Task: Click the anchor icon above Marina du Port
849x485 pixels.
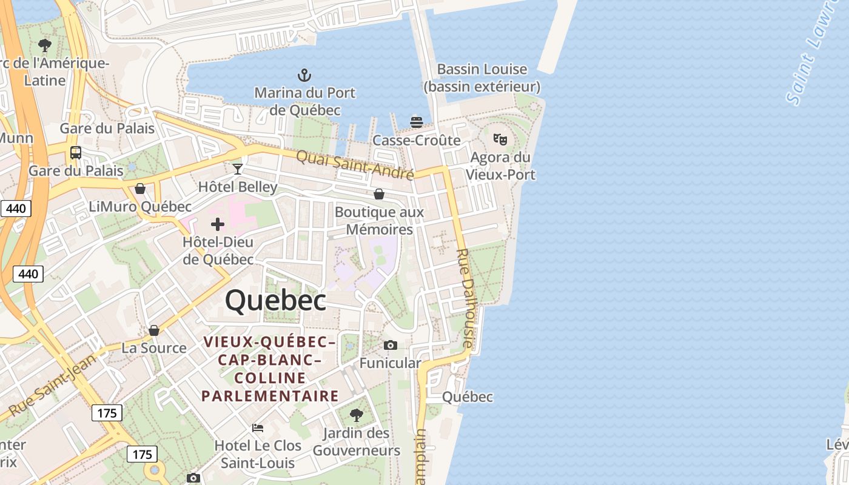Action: point(304,75)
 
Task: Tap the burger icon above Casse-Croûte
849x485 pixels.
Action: point(416,122)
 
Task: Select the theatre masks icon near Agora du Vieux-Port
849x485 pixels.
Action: point(500,139)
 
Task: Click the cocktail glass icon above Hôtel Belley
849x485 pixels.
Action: point(238,169)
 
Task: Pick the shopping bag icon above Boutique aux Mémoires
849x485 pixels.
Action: point(379,194)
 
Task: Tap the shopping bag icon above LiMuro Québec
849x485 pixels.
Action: point(140,189)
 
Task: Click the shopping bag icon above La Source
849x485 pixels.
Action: point(154,330)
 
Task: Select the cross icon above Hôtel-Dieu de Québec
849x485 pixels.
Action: point(218,224)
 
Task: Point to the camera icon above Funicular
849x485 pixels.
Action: point(391,345)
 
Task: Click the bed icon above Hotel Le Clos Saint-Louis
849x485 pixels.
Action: point(258,427)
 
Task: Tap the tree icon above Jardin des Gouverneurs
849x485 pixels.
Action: point(357,415)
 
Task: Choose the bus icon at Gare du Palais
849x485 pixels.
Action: point(76,152)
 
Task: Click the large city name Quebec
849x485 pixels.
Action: point(276,301)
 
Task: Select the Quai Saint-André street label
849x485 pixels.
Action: point(355,166)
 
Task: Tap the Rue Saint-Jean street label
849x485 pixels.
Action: point(53,385)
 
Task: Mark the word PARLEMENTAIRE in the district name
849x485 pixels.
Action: point(270,396)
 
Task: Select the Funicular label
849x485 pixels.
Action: point(391,363)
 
